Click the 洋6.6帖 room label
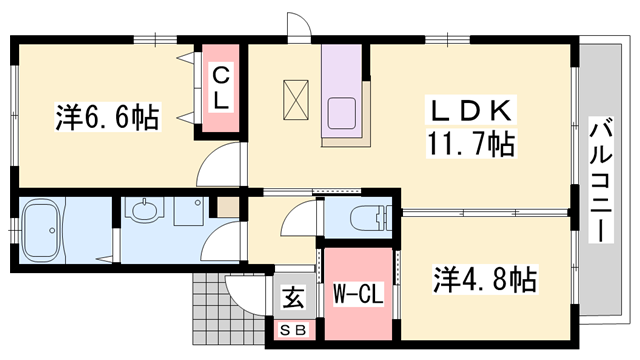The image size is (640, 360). pos(106,119)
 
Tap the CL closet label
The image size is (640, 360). pos(220,88)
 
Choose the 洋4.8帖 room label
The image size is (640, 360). pos(485,277)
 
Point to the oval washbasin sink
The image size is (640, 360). pos(146,213)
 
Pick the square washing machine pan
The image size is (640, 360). pos(187,212)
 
